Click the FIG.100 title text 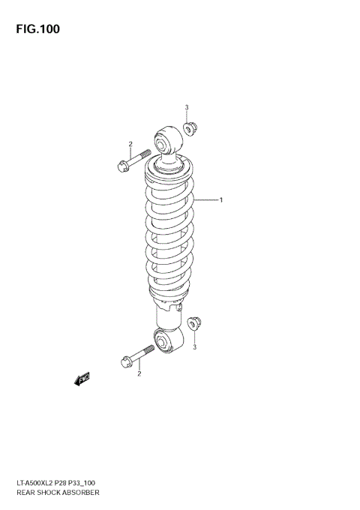click(36, 29)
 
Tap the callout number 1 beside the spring click(220, 200)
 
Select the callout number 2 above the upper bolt click(130, 144)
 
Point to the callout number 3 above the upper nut click(187, 107)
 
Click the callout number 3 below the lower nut click(194, 346)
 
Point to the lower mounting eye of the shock click(165, 342)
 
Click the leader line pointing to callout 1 click(204, 200)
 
